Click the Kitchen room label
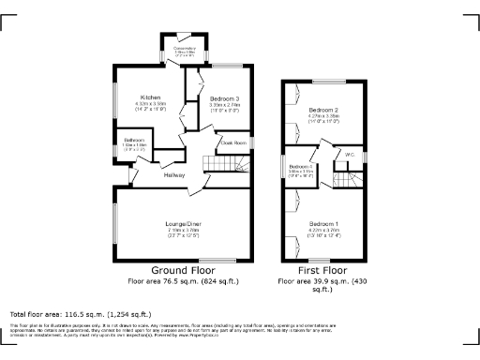(152, 97)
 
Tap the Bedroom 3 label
(223, 98)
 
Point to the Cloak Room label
(232, 142)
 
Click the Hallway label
(174, 175)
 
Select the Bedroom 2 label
(323, 110)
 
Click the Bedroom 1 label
(323, 222)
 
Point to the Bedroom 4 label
(300, 167)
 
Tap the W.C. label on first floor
(349, 153)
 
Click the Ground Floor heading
(184, 269)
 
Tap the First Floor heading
(317, 269)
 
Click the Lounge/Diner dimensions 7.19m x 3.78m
(185, 231)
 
